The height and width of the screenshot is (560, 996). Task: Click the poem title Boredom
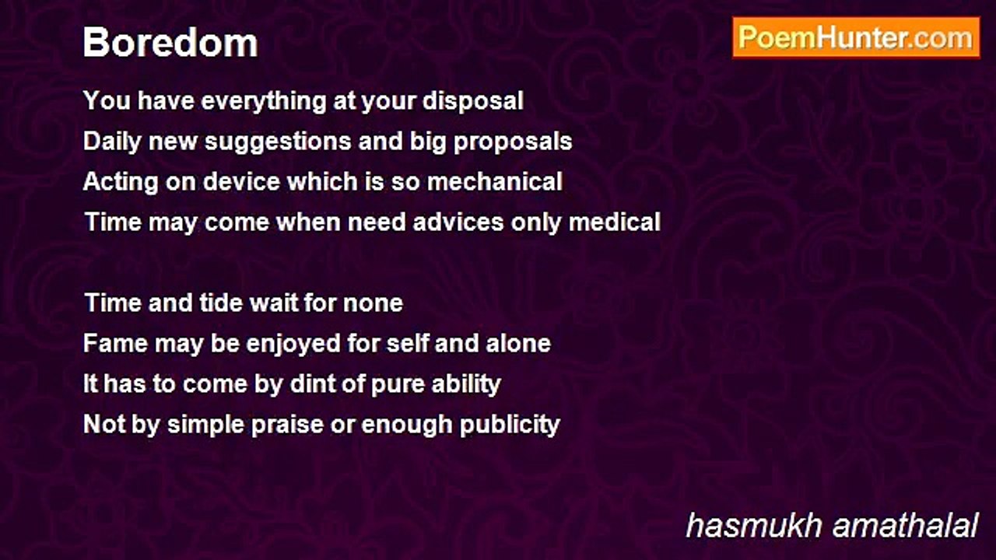tap(170, 43)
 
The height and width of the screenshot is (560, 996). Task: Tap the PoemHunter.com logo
tap(856, 38)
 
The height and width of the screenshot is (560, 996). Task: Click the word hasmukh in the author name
tap(754, 526)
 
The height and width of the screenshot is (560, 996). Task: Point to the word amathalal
tap(905, 526)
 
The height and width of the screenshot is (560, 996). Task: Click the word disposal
tap(472, 101)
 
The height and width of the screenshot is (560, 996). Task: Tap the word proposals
tap(513, 142)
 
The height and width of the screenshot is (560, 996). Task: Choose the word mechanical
tap(495, 182)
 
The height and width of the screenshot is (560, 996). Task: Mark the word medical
tap(615, 222)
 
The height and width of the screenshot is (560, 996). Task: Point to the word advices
tap(458, 222)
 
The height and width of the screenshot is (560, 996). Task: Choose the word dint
tap(311, 384)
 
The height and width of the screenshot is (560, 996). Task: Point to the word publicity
tap(510, 425)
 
